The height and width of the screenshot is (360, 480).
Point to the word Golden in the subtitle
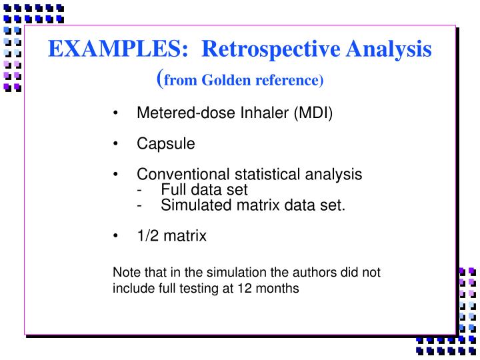coord(225,80)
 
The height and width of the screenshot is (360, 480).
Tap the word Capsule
coord(166,143)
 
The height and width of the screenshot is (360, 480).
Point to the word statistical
coord(254,175)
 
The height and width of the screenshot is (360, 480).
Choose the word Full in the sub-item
coord(173,189)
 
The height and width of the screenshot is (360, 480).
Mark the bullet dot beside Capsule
coord(117,144)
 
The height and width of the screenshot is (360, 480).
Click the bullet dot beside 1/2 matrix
coord(117,236)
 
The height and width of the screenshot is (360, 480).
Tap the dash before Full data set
coord(139,190)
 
